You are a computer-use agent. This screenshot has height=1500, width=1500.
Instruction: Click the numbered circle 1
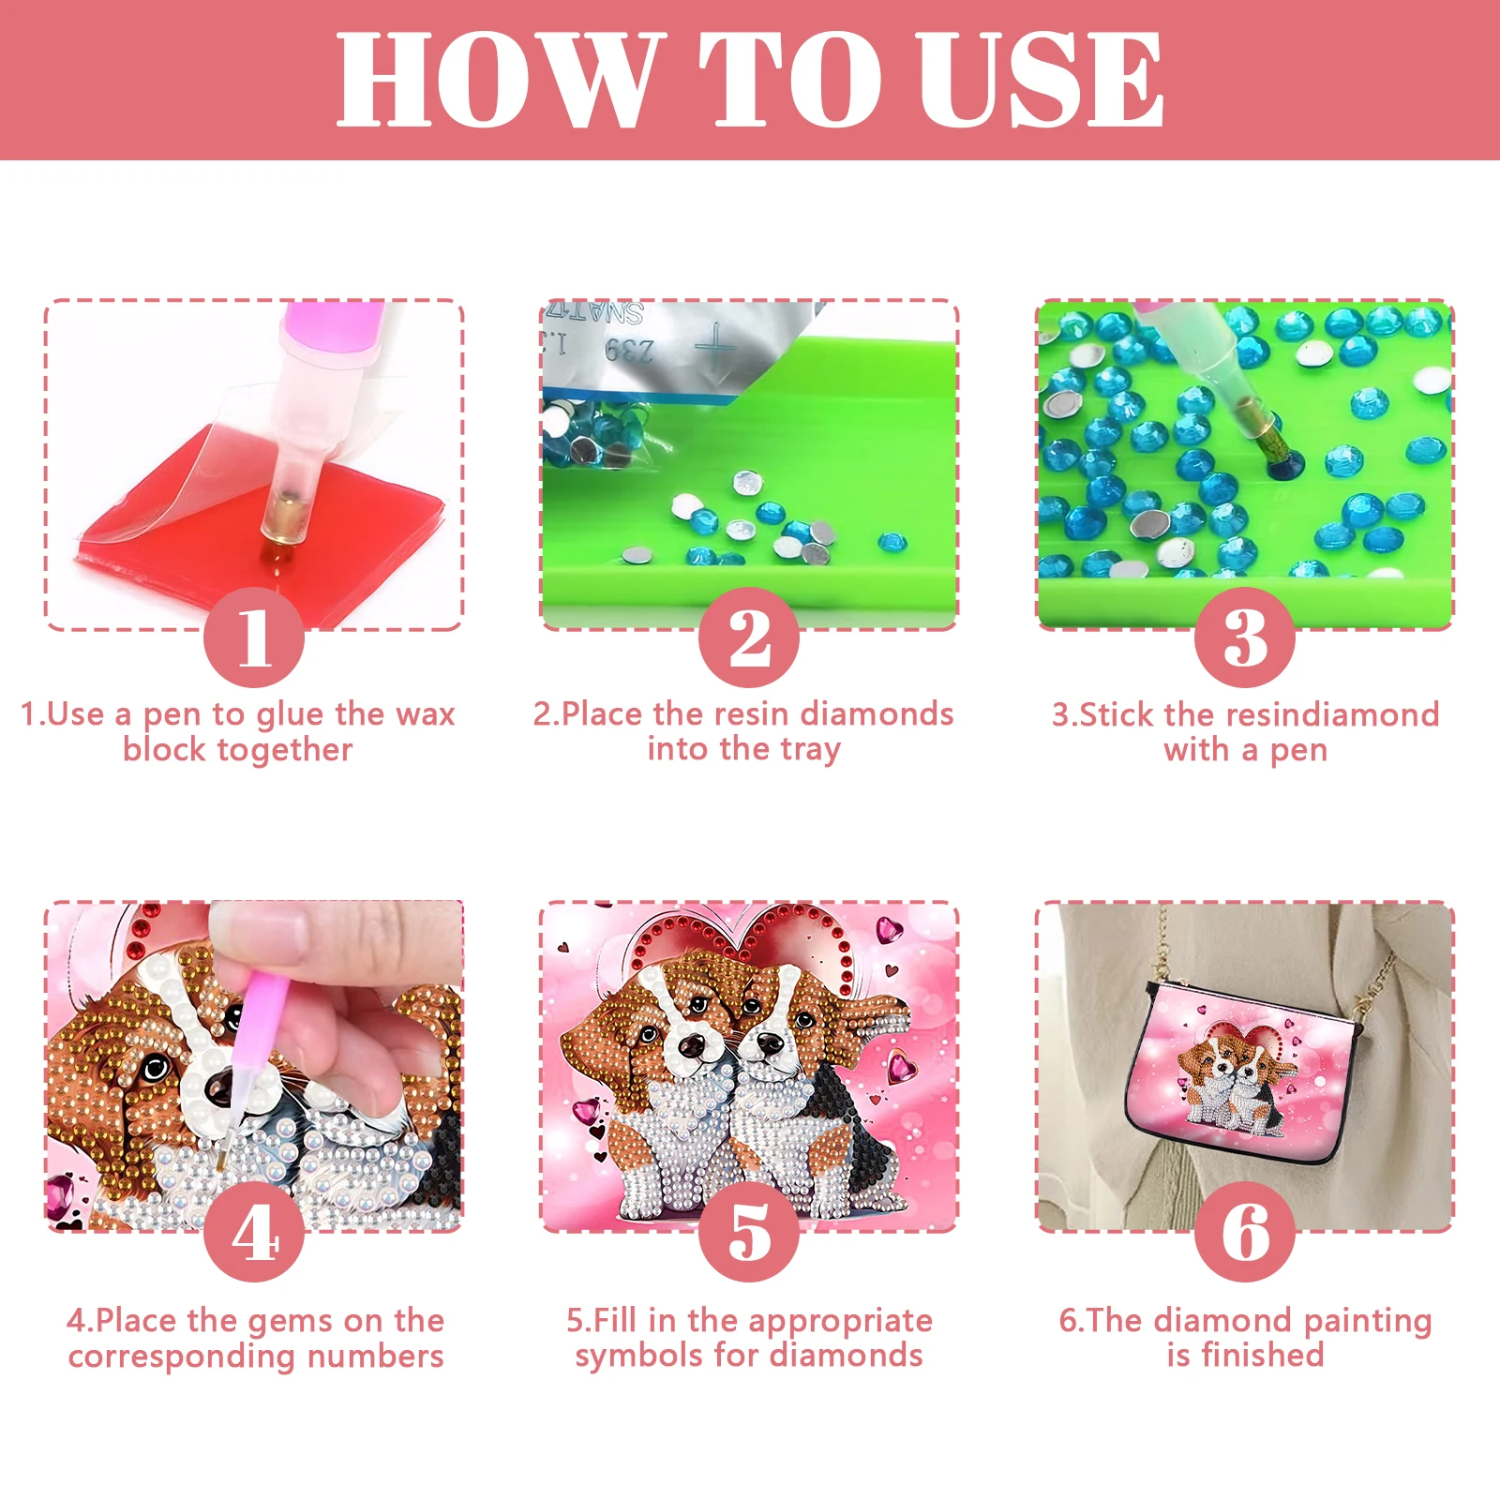[x=254, y=637]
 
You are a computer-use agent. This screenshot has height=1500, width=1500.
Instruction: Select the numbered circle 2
[x=749, y=637]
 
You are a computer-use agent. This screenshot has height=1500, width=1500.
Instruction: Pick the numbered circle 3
[x=1245, y=637]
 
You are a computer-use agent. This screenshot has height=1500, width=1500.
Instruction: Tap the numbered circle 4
[x=254, y=1232]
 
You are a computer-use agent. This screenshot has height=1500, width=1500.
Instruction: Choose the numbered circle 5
[x=749, y=1232]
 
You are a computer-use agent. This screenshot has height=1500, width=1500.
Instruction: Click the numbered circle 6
[x=1245, y=1232]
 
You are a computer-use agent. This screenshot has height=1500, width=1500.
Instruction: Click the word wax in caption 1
[x=425, y=714]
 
